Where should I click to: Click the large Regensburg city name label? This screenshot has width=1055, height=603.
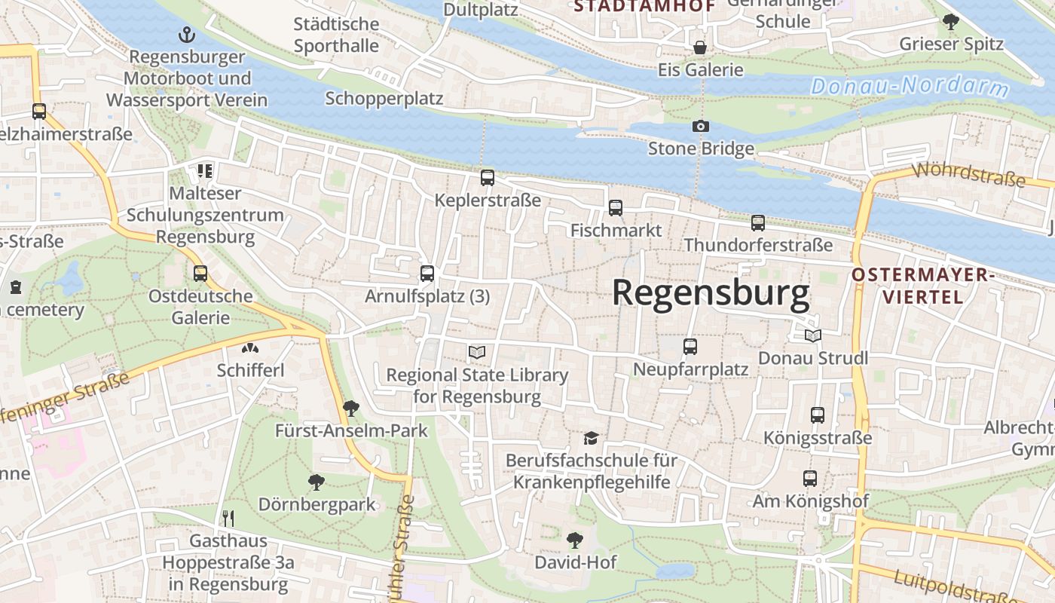pos(711,293)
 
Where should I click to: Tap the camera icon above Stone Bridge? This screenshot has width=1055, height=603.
pos(701,126)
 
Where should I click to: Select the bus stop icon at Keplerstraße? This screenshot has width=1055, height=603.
pos(488,178)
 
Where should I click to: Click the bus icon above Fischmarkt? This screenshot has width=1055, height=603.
pos(616,208)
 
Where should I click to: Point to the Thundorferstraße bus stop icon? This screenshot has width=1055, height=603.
pos(758,223)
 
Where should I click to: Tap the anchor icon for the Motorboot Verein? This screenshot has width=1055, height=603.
pos(186,35)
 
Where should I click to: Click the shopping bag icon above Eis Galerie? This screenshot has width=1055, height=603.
pos(700,47)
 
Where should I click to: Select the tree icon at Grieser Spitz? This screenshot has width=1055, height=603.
pos(951,22)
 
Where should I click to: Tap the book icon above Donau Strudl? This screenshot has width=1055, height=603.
pos(812,335)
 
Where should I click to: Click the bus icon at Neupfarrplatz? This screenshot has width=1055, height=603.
pos(690,347)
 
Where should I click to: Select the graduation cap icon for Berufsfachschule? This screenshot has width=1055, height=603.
pos(591,438)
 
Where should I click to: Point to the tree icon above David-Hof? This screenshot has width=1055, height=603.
pos(575,540)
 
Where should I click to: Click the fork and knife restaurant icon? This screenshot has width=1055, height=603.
pos(228,518)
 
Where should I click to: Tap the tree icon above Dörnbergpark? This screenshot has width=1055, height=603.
pos(316,482)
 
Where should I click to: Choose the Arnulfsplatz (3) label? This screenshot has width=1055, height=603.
pos(427,296)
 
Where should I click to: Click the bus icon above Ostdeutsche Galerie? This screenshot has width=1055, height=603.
pos(200,274)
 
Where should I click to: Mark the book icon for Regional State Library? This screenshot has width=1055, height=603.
pos(476,352)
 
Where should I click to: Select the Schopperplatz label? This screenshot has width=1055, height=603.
pos(384,99)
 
